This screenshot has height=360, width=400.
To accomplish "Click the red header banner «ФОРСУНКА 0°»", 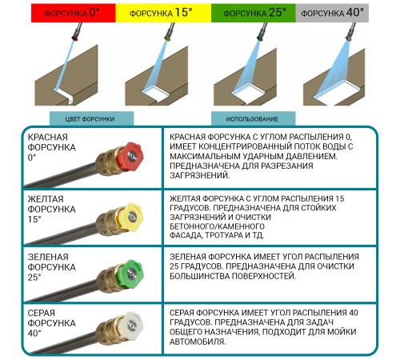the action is point(74,13).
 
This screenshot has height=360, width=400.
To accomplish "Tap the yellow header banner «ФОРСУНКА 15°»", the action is point(163,13).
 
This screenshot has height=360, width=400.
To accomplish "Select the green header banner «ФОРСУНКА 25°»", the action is point(254,13).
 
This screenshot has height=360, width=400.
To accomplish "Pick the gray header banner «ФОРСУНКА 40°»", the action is point(332,13).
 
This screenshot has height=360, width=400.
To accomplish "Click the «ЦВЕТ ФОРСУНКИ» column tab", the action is point(91,118).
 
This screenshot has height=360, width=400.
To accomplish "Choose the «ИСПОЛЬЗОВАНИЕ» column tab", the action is point(254,118).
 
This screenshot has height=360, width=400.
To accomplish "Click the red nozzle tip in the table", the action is point(130,156).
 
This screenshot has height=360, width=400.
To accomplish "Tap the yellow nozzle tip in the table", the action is point(130,217).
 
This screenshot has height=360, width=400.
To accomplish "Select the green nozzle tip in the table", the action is point(130,274).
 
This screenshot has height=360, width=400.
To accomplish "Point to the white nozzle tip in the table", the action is point(130,325).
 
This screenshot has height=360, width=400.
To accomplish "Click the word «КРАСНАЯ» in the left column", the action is point(48,137).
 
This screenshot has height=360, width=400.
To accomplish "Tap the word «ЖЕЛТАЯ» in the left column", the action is point(46,199).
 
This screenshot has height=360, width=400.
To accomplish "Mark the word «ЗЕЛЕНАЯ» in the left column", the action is point(48,257).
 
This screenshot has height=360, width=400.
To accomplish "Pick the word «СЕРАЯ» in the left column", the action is point(42,313).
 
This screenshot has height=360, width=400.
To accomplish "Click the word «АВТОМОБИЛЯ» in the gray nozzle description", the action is point(198,342).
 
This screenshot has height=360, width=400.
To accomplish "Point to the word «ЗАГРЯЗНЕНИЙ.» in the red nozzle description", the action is point(200,175).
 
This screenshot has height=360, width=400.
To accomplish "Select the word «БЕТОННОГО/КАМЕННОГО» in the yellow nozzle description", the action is point(217,226).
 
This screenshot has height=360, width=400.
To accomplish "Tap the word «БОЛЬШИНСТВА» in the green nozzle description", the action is point(199,276).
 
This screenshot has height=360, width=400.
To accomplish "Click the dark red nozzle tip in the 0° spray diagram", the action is point(75,38).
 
